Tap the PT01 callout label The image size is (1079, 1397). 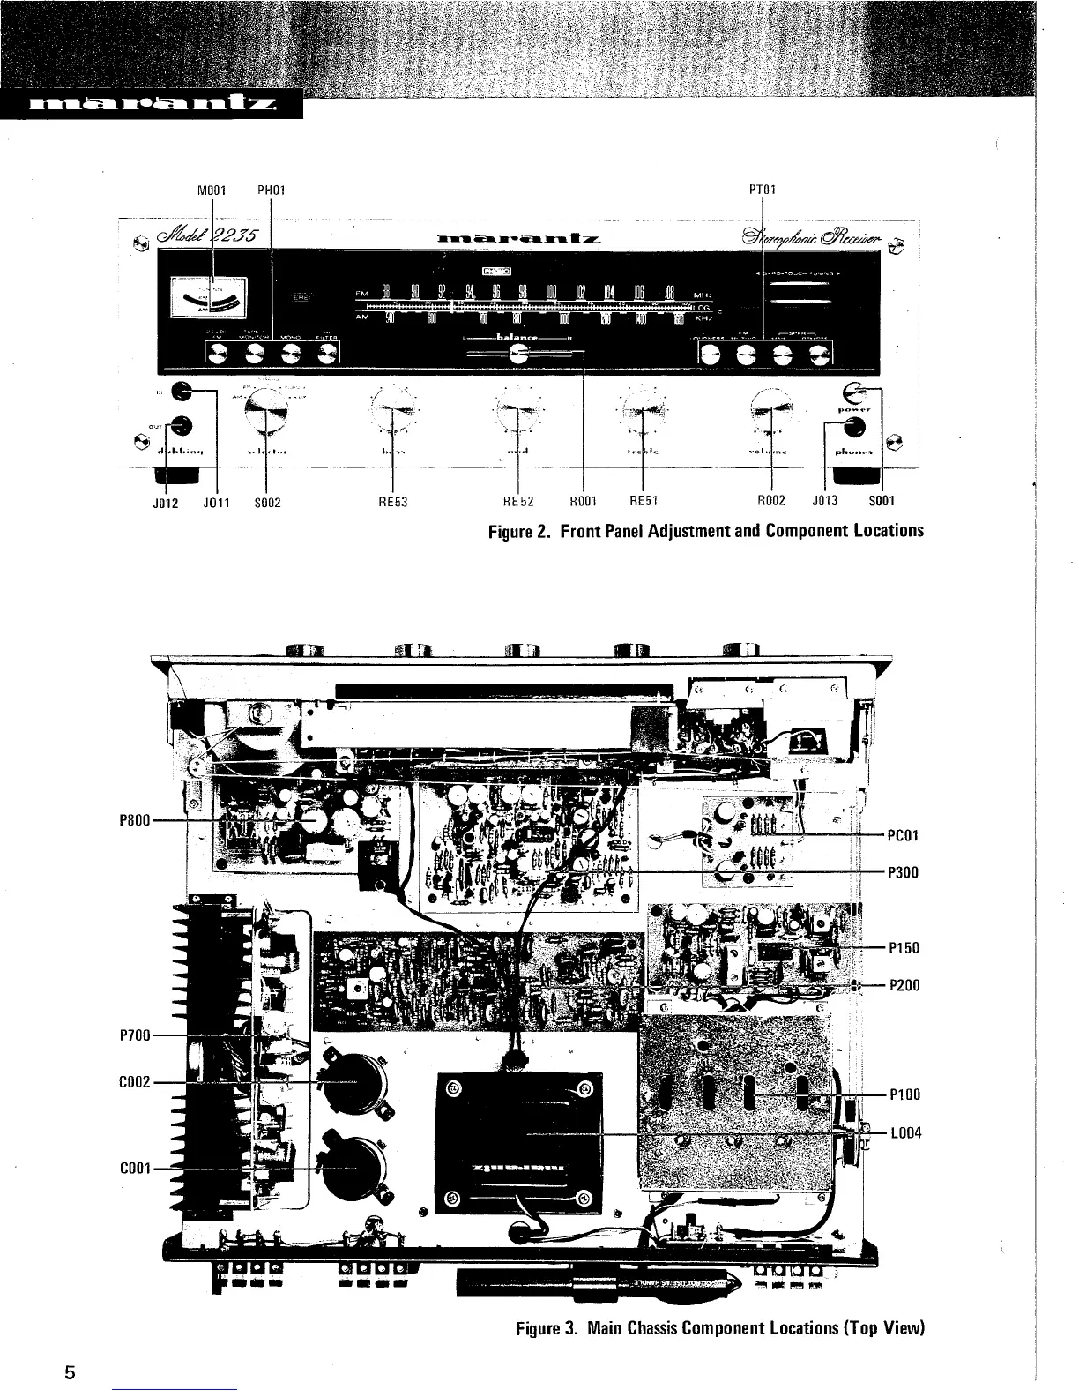pyautogui.click(x=763, y=189)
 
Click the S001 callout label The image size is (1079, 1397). pyautogui.click(x=882, y=503)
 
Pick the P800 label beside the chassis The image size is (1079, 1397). pyautogui.click(x=133, y=819)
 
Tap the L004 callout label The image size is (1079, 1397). pyautogui.click(x=905, y=1133)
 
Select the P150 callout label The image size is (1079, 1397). pyautogui.click(x=904, y=948)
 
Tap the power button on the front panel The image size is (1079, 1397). pyautogui.click(x=853, y=392)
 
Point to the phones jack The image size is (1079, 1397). pyautogui.click(x=852, y=428)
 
